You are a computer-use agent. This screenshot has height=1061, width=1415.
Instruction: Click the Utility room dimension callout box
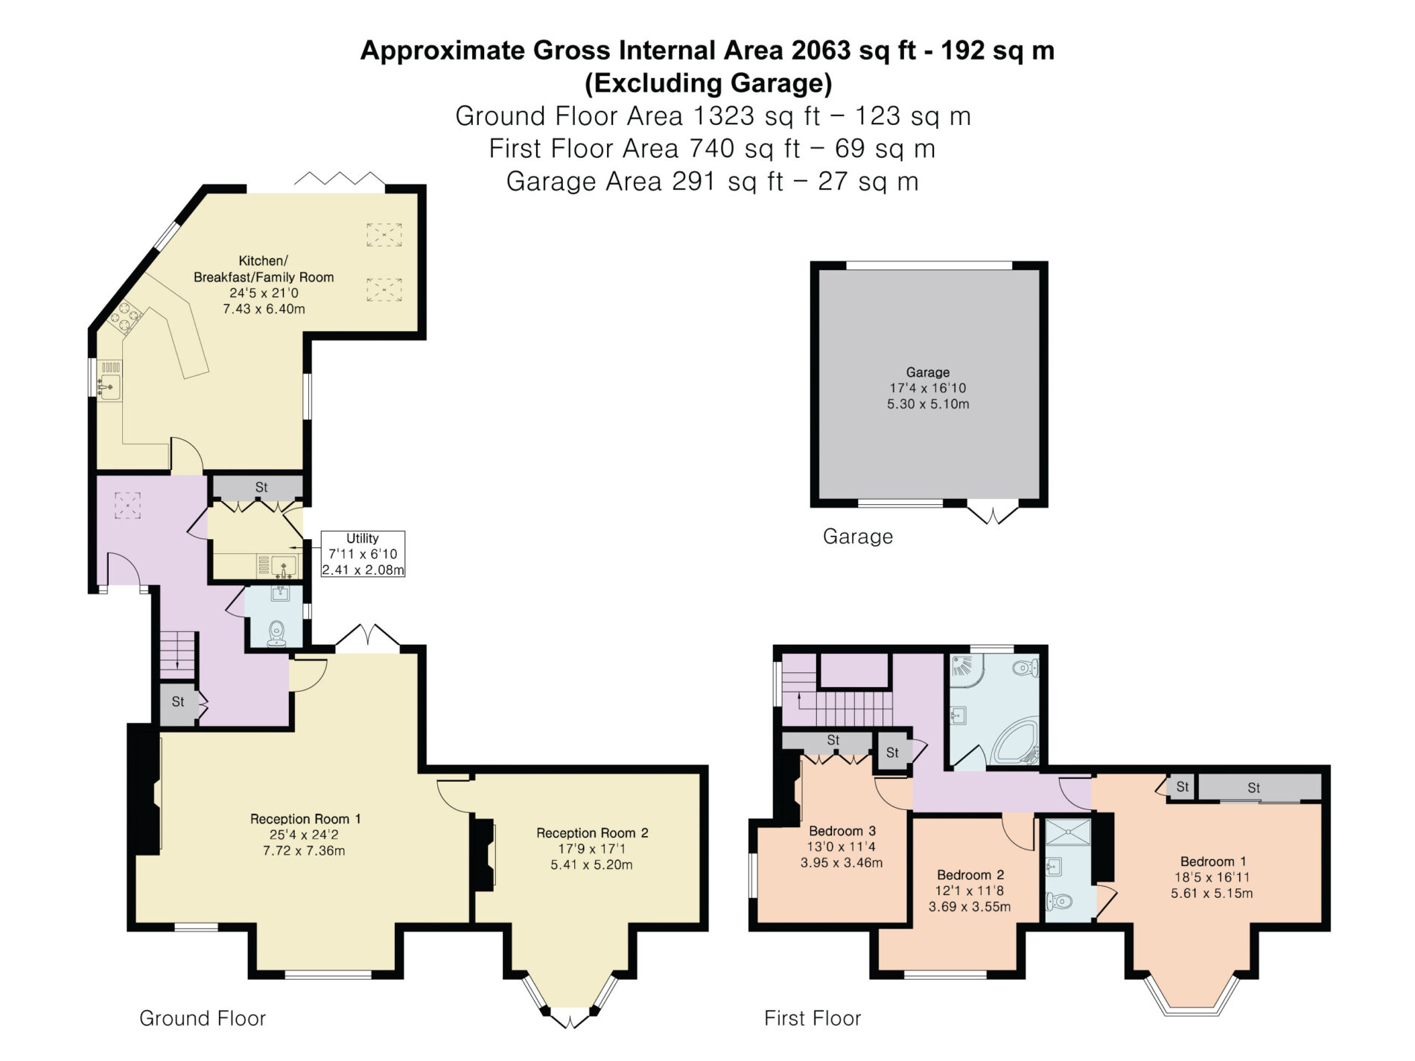pos(363,554)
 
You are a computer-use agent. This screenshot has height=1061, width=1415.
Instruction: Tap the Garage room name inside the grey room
pos(927,372)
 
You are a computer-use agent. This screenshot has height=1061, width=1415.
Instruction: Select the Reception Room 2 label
pos(592,833)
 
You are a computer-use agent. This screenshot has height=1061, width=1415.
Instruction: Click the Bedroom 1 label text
pos(1213,861)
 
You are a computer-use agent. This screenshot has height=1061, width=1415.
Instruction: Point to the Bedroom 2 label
pos(970,875)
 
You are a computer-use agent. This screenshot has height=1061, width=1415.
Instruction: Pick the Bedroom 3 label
pos(842,831)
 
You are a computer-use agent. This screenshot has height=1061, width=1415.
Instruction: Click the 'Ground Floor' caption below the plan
pos(203,1019)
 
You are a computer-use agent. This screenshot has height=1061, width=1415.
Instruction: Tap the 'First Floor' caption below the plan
pos(813,1019)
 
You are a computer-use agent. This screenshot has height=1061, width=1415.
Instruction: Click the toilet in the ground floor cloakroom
pos(277,634)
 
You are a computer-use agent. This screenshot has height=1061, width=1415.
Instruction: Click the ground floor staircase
pos(178,654)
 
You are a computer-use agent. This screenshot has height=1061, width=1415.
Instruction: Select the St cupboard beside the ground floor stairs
pos(179,703)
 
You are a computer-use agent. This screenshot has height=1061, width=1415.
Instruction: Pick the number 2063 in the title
pos(821,51)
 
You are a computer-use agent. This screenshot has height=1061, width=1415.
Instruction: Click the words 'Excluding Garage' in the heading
pos(708,83)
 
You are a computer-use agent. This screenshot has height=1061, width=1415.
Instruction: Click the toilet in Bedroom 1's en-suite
pos(1058,902)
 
